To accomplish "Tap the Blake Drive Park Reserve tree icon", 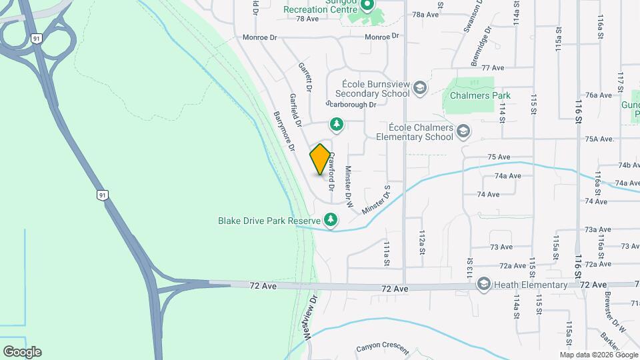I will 331,219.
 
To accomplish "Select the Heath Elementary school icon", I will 483,285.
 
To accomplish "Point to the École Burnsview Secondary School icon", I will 419,88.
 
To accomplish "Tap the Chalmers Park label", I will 479,95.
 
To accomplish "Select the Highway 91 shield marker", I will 102,195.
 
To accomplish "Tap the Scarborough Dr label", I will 353,105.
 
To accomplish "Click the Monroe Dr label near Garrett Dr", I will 259,38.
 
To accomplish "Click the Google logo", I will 22,352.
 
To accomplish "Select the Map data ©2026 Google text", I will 598,355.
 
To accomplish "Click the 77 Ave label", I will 491,68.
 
